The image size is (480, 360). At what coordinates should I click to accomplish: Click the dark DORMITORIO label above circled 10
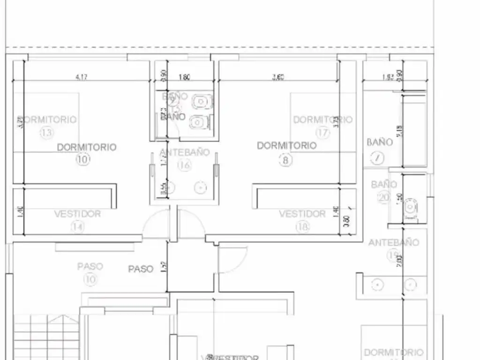click(86, 147)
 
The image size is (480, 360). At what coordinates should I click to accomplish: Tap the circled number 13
click(47, 133)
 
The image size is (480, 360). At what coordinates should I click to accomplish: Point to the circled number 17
click(322, 133)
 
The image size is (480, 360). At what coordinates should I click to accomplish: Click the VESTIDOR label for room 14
click(77, 214)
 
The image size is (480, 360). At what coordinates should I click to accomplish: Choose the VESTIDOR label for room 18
click(302, 214)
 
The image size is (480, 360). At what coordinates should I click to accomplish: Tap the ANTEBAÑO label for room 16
click(185, 152)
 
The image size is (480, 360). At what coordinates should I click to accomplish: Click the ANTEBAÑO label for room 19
click(394, 243)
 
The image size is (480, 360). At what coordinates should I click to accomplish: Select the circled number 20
click(384, 197)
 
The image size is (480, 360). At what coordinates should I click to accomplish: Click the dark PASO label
click(141, 269)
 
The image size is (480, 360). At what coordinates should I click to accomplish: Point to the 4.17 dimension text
click(81, 78)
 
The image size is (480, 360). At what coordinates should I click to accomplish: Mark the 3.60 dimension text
click(278, 78)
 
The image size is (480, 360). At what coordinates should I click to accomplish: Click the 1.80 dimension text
click(184, 78)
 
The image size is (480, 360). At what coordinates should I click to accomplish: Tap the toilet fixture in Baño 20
click(411, 207)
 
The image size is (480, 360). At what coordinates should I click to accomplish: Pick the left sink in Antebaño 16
click(170, 188)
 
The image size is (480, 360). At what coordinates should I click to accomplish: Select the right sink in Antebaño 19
click(411, 284)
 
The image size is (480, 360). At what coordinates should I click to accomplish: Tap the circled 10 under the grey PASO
click(90, 279)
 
